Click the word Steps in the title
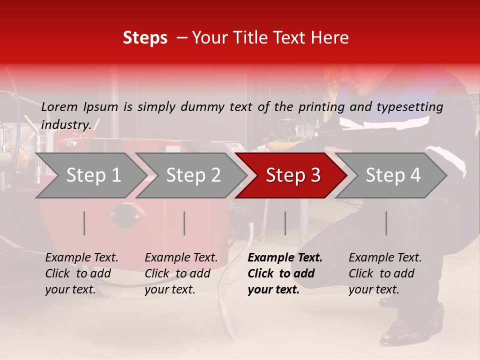[x=145, y=38]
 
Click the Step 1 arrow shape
[x=90, y=175]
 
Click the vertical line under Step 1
[x=84, y=223]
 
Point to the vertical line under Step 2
[x=184, y=223]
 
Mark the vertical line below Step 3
[x=285, y=223]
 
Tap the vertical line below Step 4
[x=386, y=223]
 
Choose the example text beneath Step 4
[x=384, y=273]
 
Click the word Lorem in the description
[x=59, y=106]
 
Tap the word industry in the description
[x=66, y=124]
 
